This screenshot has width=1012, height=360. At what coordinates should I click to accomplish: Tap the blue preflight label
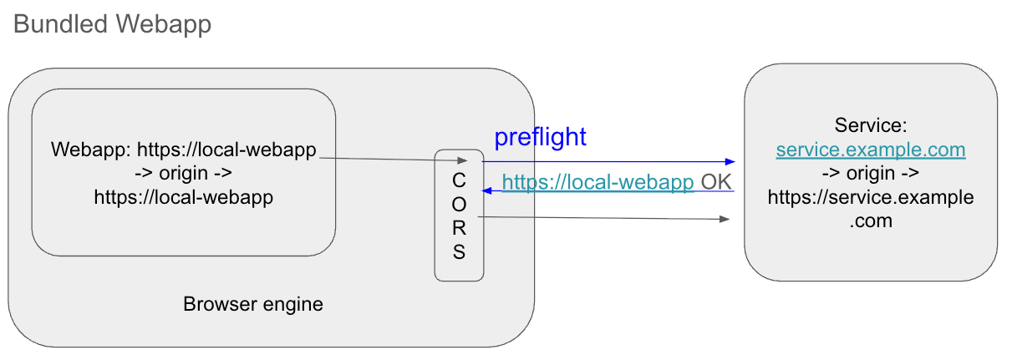pyautogui.click(x=540, y=137)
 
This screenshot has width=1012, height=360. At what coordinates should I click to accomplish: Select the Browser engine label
pyautogui.click(x=253, y=304)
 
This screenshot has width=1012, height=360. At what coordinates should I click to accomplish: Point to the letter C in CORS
pyautogui.click(x=459, y=180)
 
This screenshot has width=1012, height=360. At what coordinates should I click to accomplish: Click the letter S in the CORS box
pyautogui.click(x=459, y=252)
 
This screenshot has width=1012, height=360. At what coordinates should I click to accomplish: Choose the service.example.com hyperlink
pyautogui.click(x=871, y=150)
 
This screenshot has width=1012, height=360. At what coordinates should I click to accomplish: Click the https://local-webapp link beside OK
pyautogui.click(x=598, y=182)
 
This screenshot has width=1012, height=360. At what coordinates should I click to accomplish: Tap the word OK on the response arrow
pyautogui.click(x=715, y=182)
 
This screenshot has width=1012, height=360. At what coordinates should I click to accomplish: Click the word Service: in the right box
pyautogui.click(x=871, y=126)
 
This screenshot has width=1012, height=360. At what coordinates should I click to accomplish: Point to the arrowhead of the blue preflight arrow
pyautogui.click(x=730, y=161)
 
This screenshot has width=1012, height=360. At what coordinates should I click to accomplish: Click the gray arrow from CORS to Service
pyautogui.click(x=602, y=219)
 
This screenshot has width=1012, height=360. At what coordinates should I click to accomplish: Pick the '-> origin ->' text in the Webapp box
pyautogui.click(x=183, y=174)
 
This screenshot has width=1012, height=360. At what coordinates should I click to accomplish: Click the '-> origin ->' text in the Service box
pyautogui.click(x=871, y=174)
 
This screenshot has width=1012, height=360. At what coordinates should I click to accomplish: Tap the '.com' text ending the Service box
pyautogui.click(x=871, y=221)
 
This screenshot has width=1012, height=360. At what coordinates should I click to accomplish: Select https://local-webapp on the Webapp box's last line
pyautogui.click(x=183, y=198)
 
